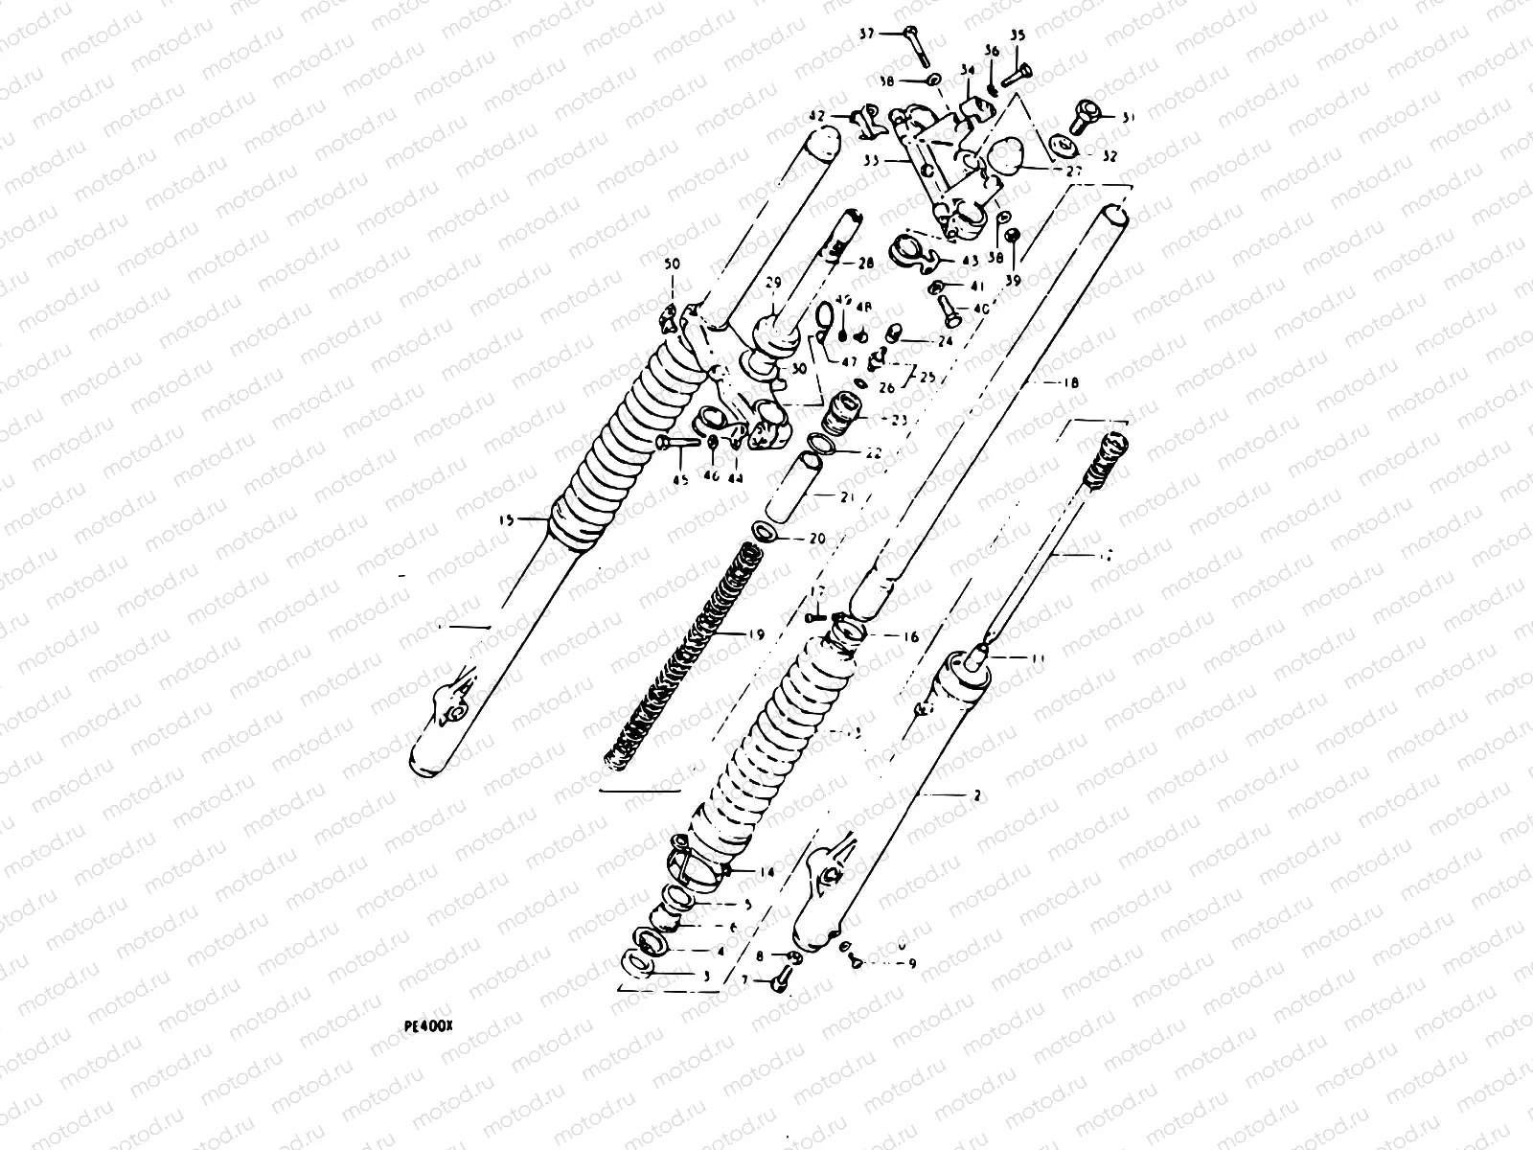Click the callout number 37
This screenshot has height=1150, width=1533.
click(x=866, y=34)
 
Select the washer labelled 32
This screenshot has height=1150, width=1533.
click(x=1061, y=146)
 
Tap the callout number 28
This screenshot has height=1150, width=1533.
click(x=865, y=264)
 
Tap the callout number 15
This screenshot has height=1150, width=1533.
click(x=507, y=519)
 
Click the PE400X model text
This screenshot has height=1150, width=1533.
click(x=427, y=1024)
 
